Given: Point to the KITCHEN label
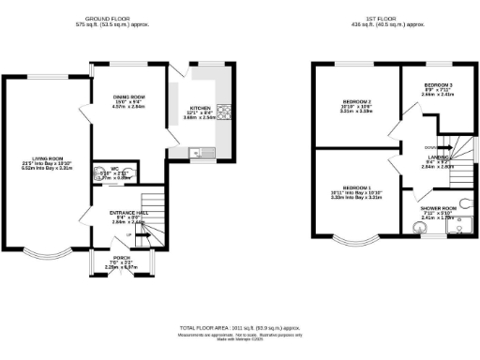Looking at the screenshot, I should [x=200, y=109].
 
